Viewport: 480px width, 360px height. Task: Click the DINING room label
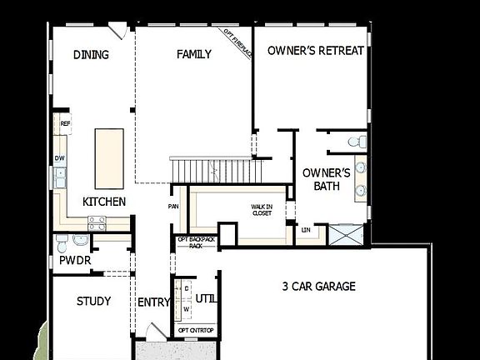[x=91, y=55]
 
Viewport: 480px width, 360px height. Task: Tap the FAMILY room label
[x=194, y=55]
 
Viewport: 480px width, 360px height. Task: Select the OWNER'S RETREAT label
[x=316, y=51]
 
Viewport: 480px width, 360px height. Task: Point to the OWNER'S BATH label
[x=322, y=179]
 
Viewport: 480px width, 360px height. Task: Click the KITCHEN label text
[x=104, y=202]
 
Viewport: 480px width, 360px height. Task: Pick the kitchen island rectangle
[x=110, y=158]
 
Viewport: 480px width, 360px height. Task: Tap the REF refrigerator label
[x=65, y=123]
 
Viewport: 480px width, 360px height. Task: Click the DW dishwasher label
[x=60, y=157]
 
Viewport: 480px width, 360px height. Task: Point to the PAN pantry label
[x=174, y=207]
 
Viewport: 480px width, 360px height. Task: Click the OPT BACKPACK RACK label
[x=196, y=242]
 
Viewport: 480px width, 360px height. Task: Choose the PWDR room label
[x=75, y=261]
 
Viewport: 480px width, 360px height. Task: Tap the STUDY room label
[x=93, y=301]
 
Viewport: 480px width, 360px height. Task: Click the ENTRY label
[x=153, y=302]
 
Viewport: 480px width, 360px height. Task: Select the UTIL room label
[x=205, y=297]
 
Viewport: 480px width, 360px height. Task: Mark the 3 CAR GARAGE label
[x=318, y=287]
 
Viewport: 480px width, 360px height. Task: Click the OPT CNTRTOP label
[x=196, y=331]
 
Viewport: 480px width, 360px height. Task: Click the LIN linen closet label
[x=306, y=229]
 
